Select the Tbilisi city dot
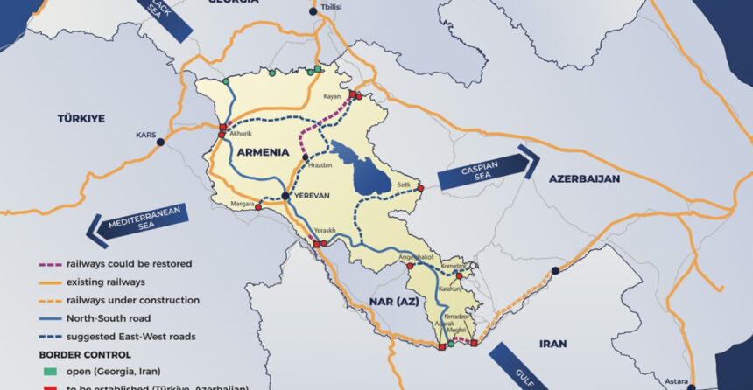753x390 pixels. click(x=314, y=12)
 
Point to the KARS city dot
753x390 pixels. click(x=163, y=136)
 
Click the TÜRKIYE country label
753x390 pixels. click(x=81, y=117)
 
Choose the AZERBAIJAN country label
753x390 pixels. click(x=584, y=178)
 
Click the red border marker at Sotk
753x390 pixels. click(x=420, y=188)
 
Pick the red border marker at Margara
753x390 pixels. click(x=257, y=207)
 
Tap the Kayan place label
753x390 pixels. click(x=332, y=96)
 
